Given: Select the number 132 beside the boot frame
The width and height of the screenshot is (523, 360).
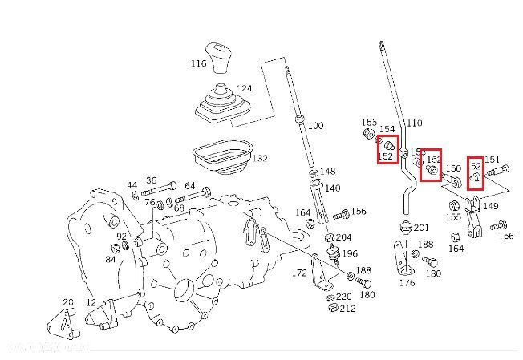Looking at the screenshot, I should point(260,159).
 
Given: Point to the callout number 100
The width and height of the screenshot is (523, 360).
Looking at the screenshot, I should point(315,126).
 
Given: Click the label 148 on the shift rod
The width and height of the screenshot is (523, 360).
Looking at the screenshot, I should point(327,172).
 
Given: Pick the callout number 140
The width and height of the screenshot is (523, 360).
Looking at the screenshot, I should point(332,188).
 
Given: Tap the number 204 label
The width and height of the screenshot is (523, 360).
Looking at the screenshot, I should point(343,237).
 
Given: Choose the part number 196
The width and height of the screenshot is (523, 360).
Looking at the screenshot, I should point(350,253).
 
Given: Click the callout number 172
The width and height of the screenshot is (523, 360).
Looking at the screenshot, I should point(299,274).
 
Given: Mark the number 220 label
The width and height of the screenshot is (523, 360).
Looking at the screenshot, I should point(343,297).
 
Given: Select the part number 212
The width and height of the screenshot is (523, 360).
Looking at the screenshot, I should point(347,309).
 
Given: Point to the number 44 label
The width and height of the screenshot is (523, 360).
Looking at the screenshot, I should point(132,185).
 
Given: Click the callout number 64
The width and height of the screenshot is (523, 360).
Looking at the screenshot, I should point(189,186).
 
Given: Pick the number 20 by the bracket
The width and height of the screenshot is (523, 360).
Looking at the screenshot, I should point(69,302).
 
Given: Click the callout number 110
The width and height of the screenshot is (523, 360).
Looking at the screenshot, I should point(414,123).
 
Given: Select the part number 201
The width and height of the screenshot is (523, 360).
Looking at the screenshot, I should point(421,228).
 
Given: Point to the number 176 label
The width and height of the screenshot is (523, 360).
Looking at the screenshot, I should point(407,282).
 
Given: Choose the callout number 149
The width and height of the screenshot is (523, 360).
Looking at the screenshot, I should point(490,205).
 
